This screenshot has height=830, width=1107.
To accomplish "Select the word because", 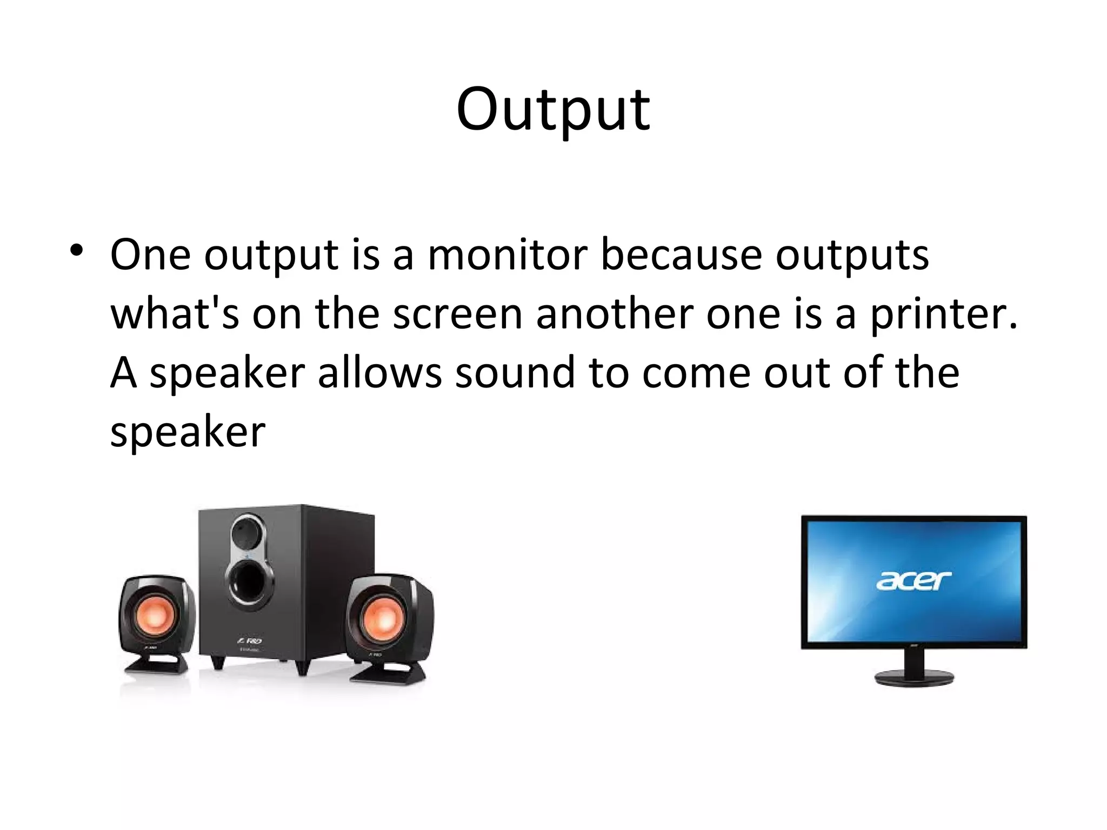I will (682, 255).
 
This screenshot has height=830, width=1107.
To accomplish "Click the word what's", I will (175, 314).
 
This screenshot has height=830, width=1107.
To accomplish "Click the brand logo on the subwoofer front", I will (250, 640).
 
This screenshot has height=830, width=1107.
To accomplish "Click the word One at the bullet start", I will (150, 255).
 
